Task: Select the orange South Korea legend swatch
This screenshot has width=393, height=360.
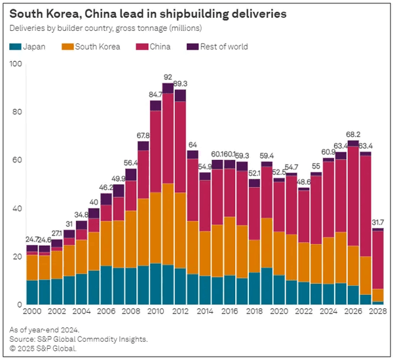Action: [x=67, y=47]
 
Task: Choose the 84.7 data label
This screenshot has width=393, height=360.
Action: [x=155, y=95]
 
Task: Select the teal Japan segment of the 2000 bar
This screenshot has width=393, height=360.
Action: [x=31, y=292]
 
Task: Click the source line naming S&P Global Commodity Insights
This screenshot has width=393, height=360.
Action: [x=79, y=339]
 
